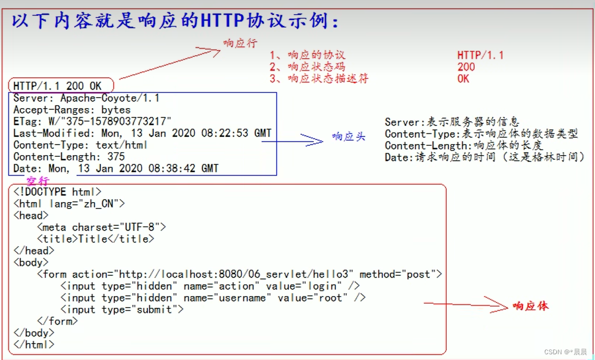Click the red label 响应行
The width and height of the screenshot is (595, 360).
[240, 43]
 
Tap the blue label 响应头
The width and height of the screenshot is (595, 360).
[348, 137]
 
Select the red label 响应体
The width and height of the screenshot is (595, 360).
[530, 306]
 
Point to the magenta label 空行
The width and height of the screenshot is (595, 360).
[38, 181]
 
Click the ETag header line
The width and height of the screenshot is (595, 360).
[92, 121]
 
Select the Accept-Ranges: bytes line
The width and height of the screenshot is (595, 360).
[72, 110]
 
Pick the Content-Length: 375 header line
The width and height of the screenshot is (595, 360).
[69, 157]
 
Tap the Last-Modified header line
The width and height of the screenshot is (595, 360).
[142, 133]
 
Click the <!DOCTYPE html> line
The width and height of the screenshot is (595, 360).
[57, 192]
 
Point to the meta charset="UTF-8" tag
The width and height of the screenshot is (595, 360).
[101, 227]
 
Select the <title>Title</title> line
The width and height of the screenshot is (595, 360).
[96, 239]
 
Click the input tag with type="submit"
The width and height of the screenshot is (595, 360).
[122, 309]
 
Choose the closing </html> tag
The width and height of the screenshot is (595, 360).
[34, 344]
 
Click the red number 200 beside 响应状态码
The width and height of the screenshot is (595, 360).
[466, 67]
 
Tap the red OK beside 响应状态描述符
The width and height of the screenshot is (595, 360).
[463, 79]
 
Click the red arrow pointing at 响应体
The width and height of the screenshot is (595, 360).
[465, 304]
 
